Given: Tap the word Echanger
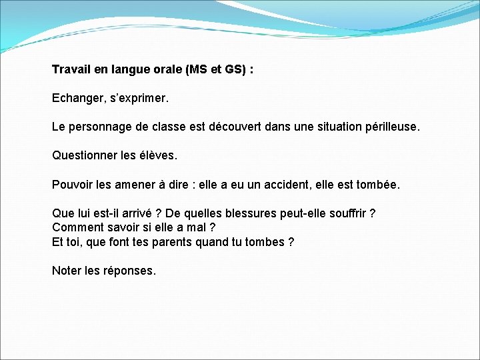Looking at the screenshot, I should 75,99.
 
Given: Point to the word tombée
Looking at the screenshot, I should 378,185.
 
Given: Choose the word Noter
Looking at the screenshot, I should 67,271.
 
